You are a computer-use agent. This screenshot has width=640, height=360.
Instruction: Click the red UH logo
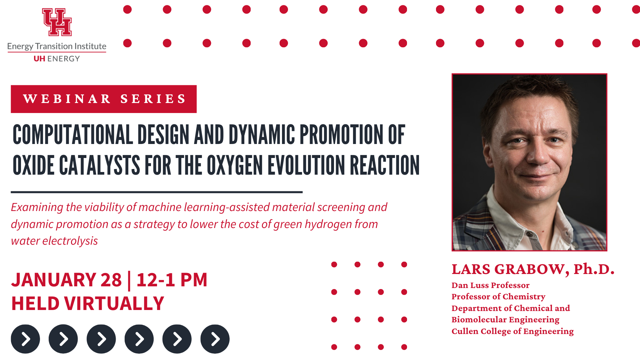click(x=57, y=22)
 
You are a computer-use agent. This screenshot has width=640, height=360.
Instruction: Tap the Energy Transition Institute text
click(x=57, y=46)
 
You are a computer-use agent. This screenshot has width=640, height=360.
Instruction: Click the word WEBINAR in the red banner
click(x=67, y=99)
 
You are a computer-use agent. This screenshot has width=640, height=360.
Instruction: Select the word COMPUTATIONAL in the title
click(x=73, y=135)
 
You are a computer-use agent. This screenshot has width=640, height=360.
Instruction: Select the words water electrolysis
click(x=54, y=241)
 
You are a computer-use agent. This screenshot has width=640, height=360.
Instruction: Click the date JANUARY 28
click(x=67, y=280)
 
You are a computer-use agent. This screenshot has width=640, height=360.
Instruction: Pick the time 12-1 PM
click(x=172, y=280)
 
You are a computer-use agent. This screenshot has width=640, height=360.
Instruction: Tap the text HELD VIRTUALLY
click(x=88, y=303)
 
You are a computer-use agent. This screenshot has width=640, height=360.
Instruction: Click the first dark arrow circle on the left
click(x=25, y=339)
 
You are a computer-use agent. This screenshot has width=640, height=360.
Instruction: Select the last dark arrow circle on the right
click(x=215, y=339)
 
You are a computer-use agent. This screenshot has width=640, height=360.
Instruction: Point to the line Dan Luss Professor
click(x=490, y=285)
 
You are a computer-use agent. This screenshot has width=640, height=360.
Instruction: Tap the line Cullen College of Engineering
click(x=513, y=331)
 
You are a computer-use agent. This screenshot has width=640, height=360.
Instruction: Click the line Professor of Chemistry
click(x=498, y=297)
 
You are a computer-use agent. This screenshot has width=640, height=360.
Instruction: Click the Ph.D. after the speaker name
click(x=594, y=269)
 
